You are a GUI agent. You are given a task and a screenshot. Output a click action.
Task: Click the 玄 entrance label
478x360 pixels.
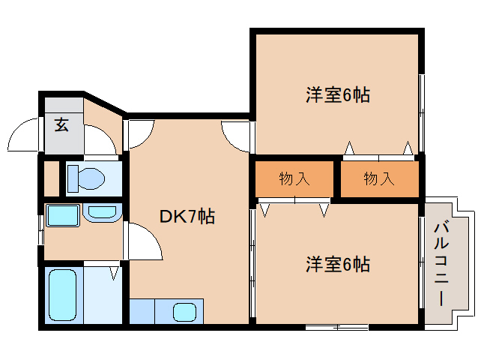61,124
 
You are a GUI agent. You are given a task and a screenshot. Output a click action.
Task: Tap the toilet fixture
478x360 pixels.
86,178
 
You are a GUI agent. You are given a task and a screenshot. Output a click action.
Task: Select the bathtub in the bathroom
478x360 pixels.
62,295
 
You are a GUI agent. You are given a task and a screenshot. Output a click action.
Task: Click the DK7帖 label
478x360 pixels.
187,216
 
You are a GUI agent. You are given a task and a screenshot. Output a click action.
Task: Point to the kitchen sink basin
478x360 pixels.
184,313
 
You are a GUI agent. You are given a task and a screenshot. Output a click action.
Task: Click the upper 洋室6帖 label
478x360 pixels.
338,95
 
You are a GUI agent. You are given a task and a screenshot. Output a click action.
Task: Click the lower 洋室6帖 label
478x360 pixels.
338,264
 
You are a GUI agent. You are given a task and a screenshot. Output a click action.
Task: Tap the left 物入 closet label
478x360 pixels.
294,178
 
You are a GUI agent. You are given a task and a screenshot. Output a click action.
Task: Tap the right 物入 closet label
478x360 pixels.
379,178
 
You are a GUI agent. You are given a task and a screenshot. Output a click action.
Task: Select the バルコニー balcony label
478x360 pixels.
441,264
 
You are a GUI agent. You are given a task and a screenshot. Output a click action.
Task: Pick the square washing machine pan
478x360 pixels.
63,216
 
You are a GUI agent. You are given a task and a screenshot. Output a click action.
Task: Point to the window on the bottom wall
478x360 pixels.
337,327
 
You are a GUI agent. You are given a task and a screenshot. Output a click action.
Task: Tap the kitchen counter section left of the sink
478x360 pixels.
142,311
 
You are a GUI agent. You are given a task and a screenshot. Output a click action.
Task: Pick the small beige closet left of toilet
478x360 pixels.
52,178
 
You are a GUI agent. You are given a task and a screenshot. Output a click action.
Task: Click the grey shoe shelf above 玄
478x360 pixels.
64,105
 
